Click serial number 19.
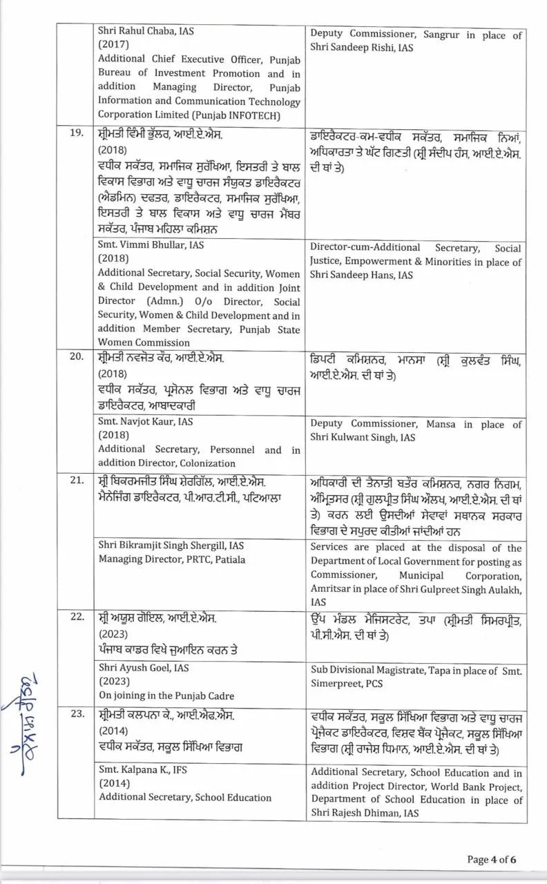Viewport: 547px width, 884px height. coord(76,133)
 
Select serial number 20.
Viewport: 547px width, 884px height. coord(76,357)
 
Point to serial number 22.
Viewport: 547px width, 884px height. coord(76,617)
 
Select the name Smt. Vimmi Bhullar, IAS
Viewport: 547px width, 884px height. coord(151,245)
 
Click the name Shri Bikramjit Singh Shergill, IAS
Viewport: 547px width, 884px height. coord(171,546)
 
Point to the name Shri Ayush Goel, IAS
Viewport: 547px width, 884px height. coord(143,668)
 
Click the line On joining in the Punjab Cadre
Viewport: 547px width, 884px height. coord(166,695)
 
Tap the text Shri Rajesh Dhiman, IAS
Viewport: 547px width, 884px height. coord(364,814)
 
